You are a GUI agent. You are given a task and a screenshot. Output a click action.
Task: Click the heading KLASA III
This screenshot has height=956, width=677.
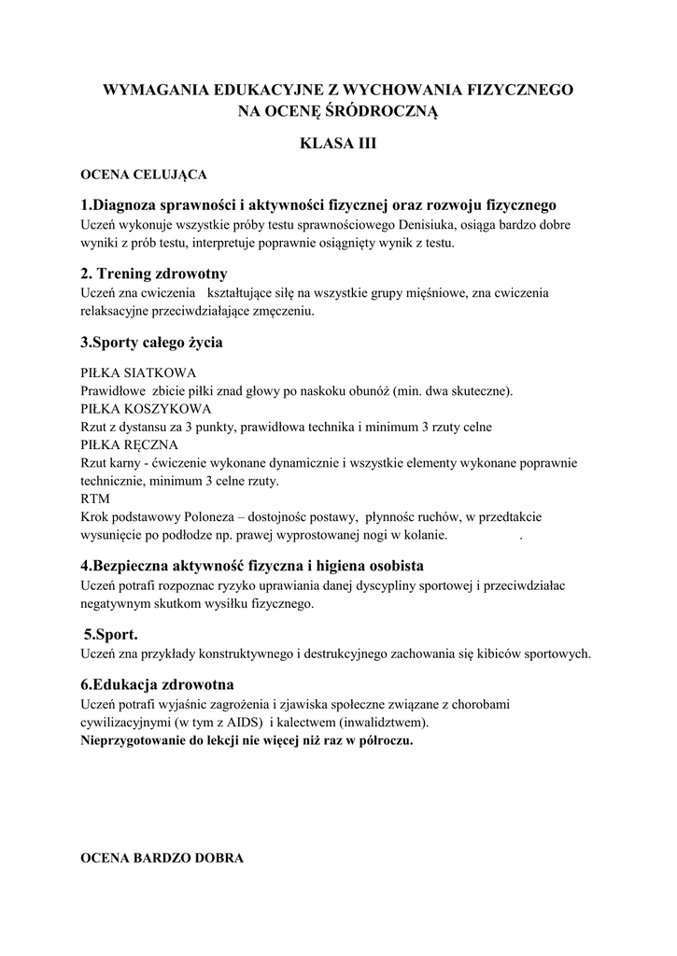click(x=337, y=144)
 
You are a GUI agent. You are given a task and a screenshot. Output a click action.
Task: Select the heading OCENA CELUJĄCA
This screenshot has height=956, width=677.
click(x=144, y=175)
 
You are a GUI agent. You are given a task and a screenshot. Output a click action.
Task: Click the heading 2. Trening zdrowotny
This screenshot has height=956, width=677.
click(x=154, y=274)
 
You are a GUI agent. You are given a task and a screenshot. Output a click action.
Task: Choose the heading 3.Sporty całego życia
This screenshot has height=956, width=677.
click(x=151, y=343)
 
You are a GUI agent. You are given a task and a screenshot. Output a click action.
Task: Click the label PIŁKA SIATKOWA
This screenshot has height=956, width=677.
click(x=137, y=372)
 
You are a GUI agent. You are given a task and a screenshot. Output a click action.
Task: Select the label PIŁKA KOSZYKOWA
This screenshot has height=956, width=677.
click(x=146, y=408)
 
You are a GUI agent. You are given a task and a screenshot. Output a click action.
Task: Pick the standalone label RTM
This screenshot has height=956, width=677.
click(x=95, y=499)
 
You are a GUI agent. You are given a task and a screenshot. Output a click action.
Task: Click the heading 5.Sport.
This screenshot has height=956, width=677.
click(x=111, y=634)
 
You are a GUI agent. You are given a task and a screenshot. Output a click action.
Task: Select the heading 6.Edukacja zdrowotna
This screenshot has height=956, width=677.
click(x=157, y=684)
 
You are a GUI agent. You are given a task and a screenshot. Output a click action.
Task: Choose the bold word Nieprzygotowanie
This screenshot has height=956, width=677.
click(x=134, y=741)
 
